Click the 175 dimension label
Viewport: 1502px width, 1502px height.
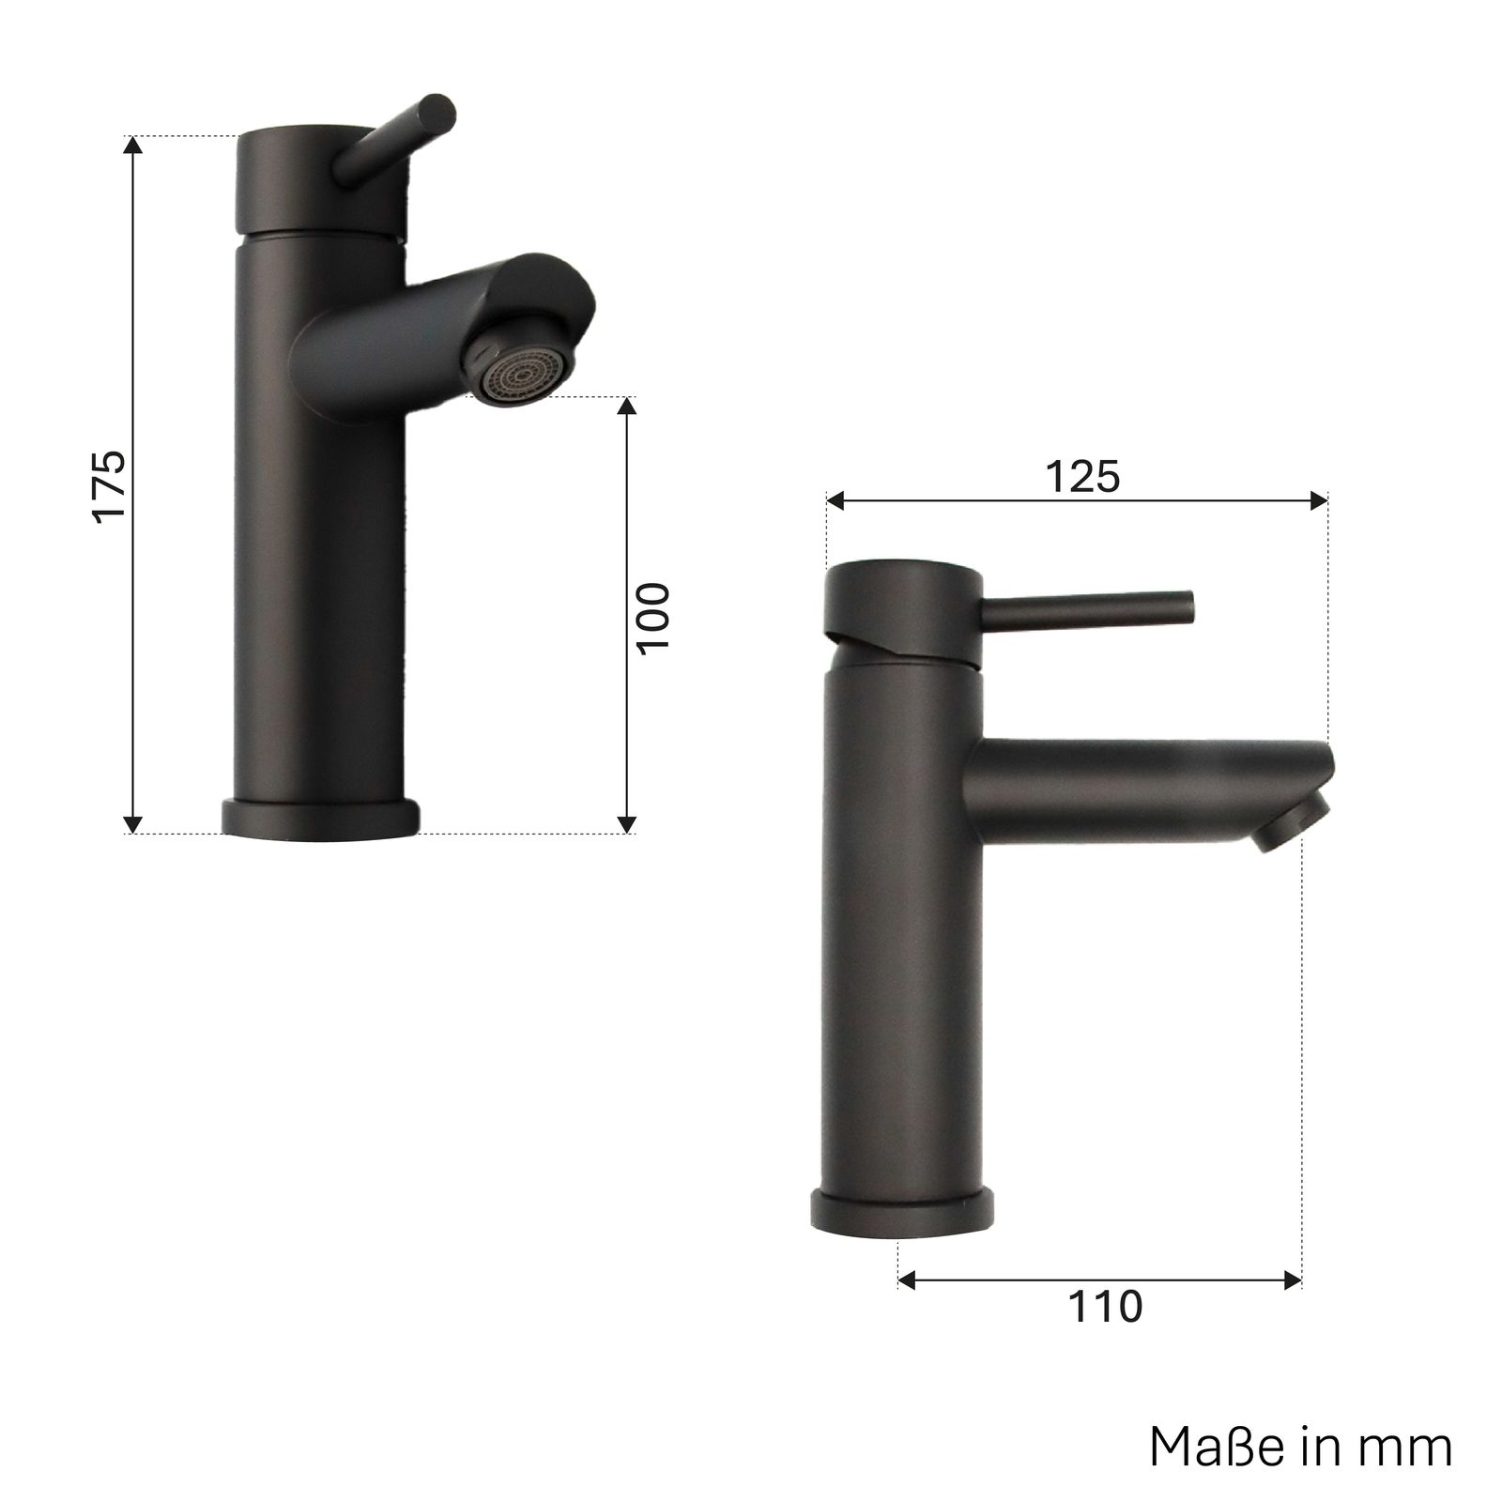pos(111,484)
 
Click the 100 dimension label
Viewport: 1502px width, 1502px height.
pos(654,618)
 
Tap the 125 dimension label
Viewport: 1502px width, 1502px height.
pos(1083,478)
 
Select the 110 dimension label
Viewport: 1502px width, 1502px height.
pos(1105,1306)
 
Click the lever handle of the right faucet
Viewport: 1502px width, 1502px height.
pos(1086,608)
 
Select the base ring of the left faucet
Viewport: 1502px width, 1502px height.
pos(319,816)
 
